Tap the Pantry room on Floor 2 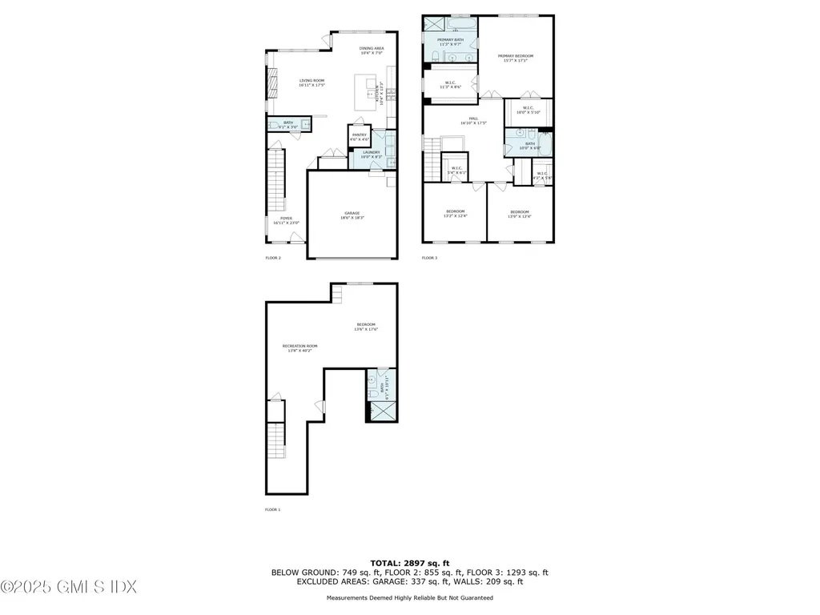coord(360,137)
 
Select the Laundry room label coord(371,154)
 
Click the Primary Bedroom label coord(515,58)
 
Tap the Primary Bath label coord(449,42)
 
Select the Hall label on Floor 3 coord(473,121)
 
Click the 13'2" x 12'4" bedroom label coord(455,214)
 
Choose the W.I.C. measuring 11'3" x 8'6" coord(450,84)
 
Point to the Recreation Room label coord(298,348)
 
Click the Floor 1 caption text coord(273,508)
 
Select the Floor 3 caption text coord(430,258)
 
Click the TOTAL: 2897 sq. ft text coord(409,563)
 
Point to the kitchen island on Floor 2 coord(367,84)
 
